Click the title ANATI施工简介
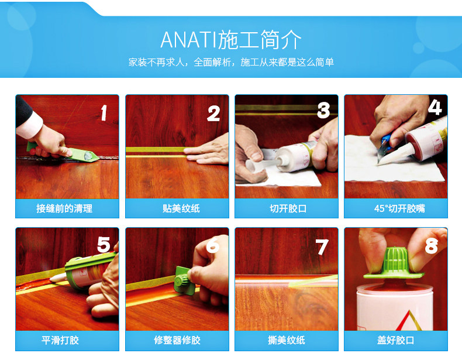pyautogui.click(x=231, y=39)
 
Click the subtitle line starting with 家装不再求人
pyautogui.click(x=231, y=62)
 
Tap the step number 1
pyautogui.click(x=104, y=113)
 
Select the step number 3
pyautogui.click(x=323, y=111)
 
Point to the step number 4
pyautogui.click(x=435, y=107)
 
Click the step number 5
pyautogui.click(x=104, y=245)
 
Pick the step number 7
pyautogui.click(x=322, y=247)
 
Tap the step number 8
pyautogui.click(x=432, y=246)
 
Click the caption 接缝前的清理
pyautogui.click(x=64, y=208)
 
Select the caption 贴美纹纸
pyautogui.click(x=181, y=208)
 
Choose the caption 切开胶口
pyautogui.click(x=288, y=208)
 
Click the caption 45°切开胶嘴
pyautogui.click(x=399, y=208)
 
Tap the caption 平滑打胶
pyautogui.click(x=60, y=340)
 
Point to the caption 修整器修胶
pyautogui.click(x=177, y=340)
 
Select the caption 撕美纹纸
pyautogui.click(x=287, y=340)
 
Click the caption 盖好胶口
pyautogui.click(x=396, y=340)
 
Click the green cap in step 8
pyautogui.click(x=394, y=264)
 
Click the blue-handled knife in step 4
pyautogui.click(x=384, y=145)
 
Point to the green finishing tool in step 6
pyautogui.click(x=184, y=280)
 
